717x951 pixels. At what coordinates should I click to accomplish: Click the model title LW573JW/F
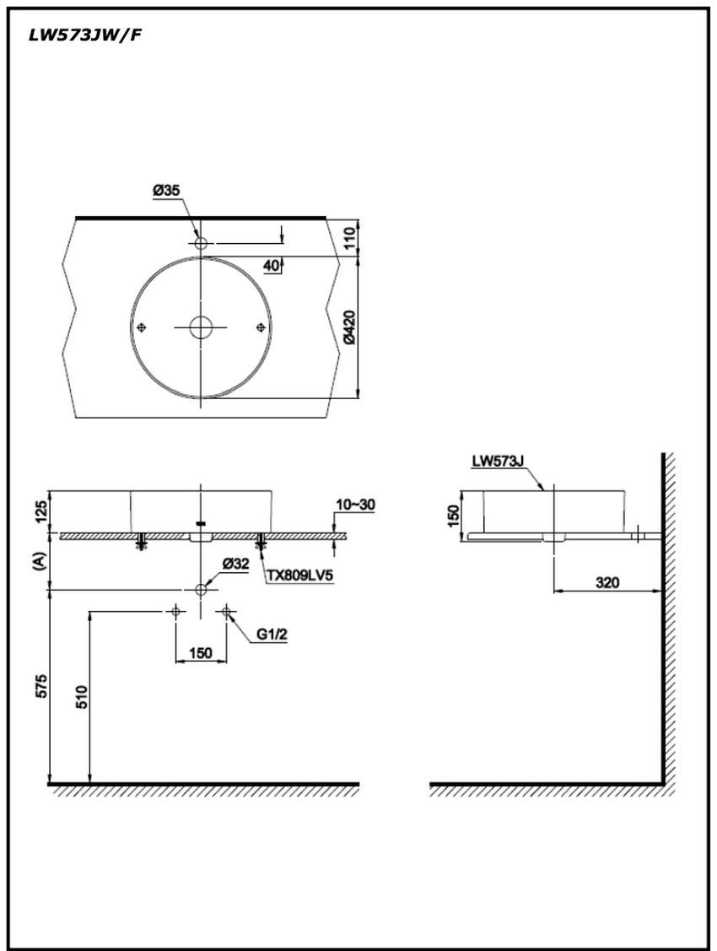click(x=85, y=35)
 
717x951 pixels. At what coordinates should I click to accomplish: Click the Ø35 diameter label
click(x=166, y=191)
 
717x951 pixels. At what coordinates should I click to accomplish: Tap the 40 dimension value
click(x=272, y=265)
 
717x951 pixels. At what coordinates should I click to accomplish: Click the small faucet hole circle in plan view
click(x=201, y=244)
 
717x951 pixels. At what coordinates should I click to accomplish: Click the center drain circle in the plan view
click(x=201, y=327)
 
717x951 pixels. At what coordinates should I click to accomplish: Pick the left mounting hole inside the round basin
click(x=142, y=327)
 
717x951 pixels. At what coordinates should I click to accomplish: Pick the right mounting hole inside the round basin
click(x=260, y=327)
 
